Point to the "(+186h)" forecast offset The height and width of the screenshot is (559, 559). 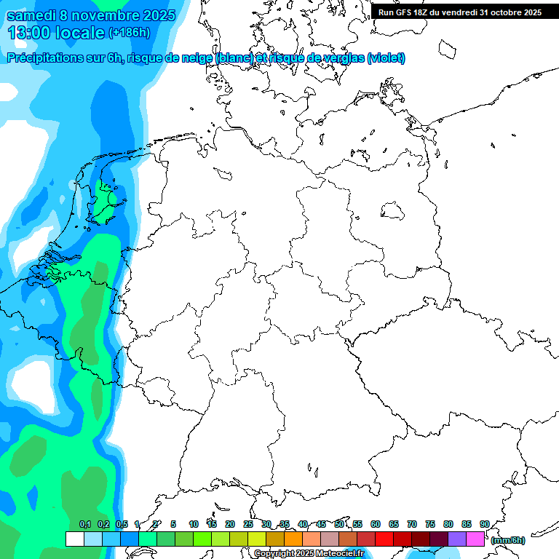tap(130, 33)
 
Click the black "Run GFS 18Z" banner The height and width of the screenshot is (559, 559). tap(460, 12)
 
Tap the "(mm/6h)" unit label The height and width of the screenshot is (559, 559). tap(508, 540)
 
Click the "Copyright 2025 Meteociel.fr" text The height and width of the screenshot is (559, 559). tap(309, 554)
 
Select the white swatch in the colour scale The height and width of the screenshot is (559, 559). tap(74, 539)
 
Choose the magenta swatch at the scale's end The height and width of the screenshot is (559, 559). tap(475, 539)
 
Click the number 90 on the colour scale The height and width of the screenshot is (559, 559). tap(484, 524)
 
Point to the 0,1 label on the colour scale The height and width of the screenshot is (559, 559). tap(84, 524)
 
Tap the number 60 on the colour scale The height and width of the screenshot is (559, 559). tap(376, 524)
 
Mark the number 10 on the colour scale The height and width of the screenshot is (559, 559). tap(194, 524)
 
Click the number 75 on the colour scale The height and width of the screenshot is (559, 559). tap(430, 524)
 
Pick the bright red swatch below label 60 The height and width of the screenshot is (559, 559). tap(384, 539)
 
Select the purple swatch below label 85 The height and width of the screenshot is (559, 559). tap(457, 539)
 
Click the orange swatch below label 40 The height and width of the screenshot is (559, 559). tap(293, 539)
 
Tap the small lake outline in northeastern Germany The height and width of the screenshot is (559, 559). tap(393, 211)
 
